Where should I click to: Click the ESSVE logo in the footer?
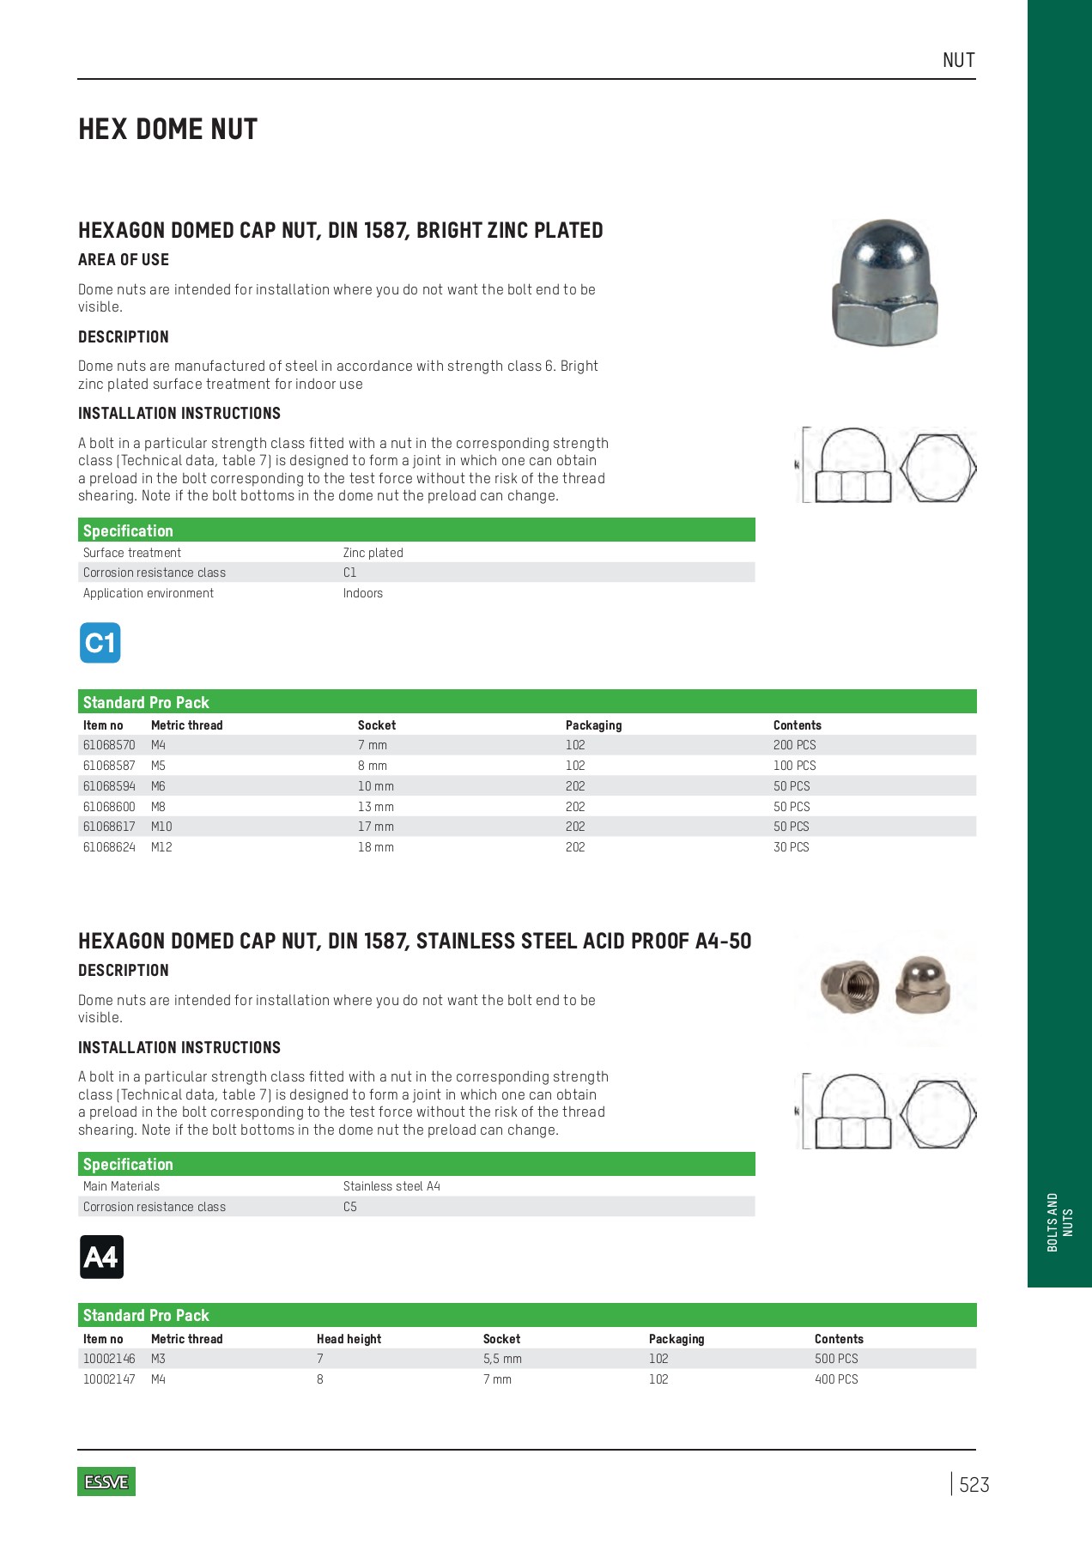(106, 1481)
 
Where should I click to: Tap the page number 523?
(974, 1485)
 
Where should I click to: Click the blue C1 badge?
(100, 643)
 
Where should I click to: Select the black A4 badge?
(101, 1257)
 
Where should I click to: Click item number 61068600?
(109, 807)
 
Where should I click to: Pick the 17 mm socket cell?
(376, 827)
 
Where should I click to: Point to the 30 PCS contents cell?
(791, 847)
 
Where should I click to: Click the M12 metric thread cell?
(161, 847)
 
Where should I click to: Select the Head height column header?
(349, 1339)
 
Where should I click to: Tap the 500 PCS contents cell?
(836, 1359)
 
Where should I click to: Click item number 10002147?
(109, 1379)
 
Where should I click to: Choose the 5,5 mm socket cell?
(502, 1359)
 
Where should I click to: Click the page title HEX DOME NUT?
(168, 130)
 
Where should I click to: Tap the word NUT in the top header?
(958, 60)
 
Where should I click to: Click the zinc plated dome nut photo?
(885, 282)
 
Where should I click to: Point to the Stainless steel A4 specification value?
(391, 1186)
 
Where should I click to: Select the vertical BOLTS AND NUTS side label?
(1059, 1222)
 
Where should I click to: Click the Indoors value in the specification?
(363, 593)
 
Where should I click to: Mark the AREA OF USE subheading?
(124, 260)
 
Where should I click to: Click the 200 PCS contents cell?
(794, 745)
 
